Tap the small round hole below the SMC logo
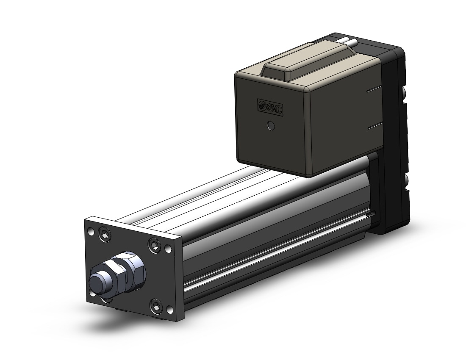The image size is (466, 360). pyautogui.click(x=271, y=126)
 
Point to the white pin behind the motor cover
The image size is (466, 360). pyautogui.click(x=350, y=42)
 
